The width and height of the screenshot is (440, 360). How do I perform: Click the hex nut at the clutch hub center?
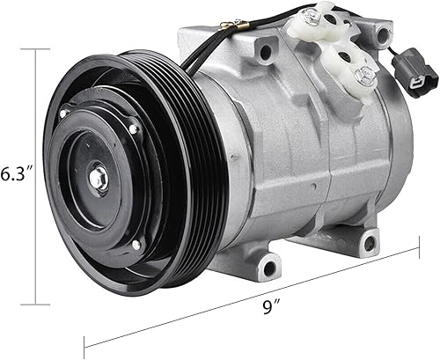coord(98,180)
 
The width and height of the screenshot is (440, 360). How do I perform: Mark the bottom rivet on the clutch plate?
coord(134,243)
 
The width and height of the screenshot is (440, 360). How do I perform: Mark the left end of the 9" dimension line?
coord(84,346)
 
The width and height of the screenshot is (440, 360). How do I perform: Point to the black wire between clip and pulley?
coord(195,48)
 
